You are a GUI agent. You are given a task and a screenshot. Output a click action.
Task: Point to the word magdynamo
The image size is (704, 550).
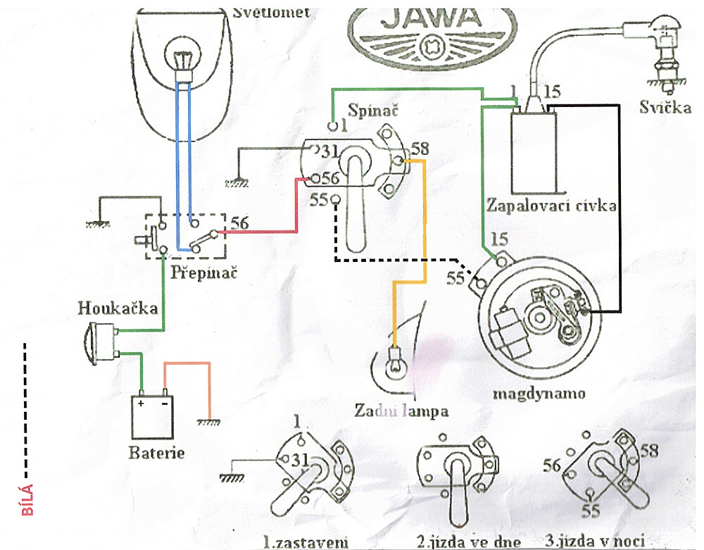pos(539,392)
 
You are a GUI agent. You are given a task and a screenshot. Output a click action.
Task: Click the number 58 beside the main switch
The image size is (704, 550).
pos(420,149)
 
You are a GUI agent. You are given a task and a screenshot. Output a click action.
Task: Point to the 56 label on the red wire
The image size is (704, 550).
pos(239,223)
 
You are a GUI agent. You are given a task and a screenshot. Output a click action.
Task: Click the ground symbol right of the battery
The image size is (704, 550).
pos(208,423)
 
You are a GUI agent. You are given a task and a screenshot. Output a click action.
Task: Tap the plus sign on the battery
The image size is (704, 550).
pos(142,404)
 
